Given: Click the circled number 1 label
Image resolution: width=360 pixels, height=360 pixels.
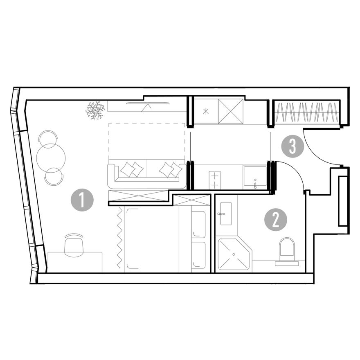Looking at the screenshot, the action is (82, 200).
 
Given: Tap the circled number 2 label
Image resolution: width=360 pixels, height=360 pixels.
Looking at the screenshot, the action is (276, 220).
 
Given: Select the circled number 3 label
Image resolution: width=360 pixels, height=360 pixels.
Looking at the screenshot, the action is (292, 146).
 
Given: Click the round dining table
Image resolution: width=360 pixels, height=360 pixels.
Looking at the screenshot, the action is (51, 158).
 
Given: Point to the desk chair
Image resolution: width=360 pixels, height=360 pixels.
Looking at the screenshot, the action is (74, 245).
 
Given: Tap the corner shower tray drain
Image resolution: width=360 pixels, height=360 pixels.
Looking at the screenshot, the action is (234, 254).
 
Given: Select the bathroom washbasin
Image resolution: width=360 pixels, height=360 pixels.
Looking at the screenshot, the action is (225, 214).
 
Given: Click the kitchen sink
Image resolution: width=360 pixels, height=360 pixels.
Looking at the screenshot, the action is (255, 175).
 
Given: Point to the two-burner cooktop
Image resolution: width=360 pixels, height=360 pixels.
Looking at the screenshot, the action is (215, 180).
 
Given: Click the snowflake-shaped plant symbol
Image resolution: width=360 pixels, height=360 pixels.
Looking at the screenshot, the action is (95, 110).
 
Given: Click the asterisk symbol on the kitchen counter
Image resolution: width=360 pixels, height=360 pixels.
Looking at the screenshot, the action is (206, 112).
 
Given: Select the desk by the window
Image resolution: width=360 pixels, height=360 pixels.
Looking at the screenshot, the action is (75, 262).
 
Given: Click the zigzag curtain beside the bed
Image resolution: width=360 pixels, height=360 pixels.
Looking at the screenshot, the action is (119, 238).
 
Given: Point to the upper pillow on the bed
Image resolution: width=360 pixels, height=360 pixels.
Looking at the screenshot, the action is (198, 225).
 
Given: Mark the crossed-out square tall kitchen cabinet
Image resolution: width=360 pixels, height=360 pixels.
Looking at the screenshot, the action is (230, 112).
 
